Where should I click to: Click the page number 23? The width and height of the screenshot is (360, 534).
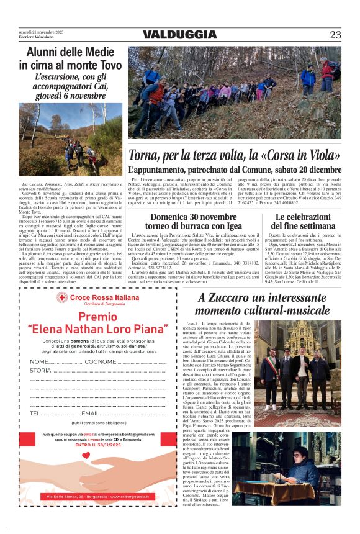[335, 35]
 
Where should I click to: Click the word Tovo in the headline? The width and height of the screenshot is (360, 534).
[107, 65]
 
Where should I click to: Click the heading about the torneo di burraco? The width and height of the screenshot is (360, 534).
[184, 222]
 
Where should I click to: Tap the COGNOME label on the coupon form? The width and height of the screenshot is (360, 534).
[100, 361]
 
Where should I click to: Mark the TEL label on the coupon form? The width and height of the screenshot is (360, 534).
[35, 413]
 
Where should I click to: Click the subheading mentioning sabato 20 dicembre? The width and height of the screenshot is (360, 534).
[235, 170]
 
